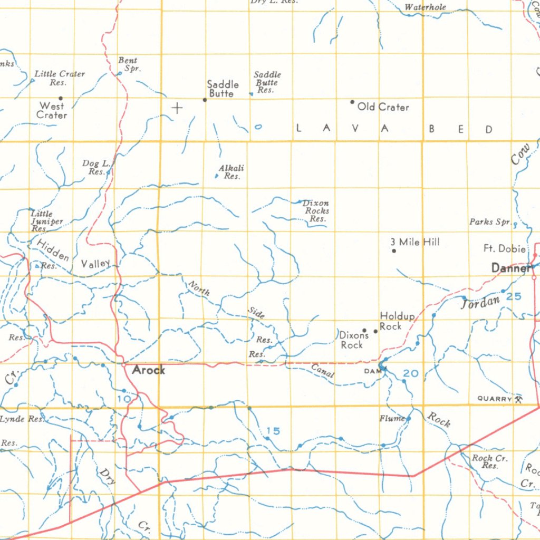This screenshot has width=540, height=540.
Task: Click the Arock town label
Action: click(148, 370)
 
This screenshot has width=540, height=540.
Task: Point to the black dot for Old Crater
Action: click(352, 102)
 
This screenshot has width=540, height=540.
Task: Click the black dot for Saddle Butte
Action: click(205, 99)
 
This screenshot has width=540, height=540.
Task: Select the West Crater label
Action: click(52, 110)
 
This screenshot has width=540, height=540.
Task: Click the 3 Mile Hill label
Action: click(415, 242)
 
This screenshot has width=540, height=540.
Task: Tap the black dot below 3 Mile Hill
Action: click(394, 250)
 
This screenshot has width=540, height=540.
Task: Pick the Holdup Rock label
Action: click(397, 321)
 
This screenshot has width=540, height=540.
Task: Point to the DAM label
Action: click(371, 371)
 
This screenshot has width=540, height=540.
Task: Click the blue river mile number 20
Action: click(410, 373)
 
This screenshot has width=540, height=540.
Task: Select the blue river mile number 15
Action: click(273, 431)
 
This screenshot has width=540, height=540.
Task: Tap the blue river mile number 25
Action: click(514, 296)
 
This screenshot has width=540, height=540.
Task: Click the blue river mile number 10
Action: click(124, 399)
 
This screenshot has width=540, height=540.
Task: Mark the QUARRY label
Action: click(495, 399)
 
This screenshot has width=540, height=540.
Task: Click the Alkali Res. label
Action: click(232, 172)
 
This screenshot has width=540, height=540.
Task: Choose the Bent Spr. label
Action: click(128, 64)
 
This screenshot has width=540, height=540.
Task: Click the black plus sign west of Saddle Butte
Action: click(177, 108)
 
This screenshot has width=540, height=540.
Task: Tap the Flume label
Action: click(392, 419)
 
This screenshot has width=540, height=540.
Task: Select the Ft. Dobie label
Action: click(505, 248)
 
